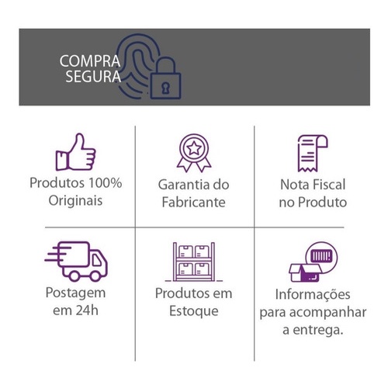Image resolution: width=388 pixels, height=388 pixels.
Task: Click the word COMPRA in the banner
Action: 90,61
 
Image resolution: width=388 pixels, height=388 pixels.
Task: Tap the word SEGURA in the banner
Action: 93,77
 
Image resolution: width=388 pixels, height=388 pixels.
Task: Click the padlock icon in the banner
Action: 166,78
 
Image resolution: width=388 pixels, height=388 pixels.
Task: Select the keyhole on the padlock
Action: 165,88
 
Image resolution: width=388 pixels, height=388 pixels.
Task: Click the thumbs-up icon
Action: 75,152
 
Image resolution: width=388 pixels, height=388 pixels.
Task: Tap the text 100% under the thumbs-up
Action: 105,183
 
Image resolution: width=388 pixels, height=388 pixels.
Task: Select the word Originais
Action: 75,201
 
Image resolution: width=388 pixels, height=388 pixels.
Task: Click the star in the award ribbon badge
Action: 194,148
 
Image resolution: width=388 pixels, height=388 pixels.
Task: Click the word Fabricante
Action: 194,203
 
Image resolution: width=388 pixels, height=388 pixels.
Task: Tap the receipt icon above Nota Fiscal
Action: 313,153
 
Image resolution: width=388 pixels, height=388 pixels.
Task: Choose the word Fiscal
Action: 329,185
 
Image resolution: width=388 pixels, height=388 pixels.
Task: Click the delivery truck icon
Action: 76,262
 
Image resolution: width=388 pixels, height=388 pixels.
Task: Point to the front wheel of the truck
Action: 95,276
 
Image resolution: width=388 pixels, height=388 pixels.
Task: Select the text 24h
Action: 87,310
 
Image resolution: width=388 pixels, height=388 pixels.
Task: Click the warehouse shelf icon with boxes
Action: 194,262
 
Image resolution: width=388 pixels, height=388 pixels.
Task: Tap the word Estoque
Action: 194,311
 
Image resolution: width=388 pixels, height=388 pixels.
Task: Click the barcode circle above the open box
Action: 321,256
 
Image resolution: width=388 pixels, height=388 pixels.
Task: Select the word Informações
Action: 313,295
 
